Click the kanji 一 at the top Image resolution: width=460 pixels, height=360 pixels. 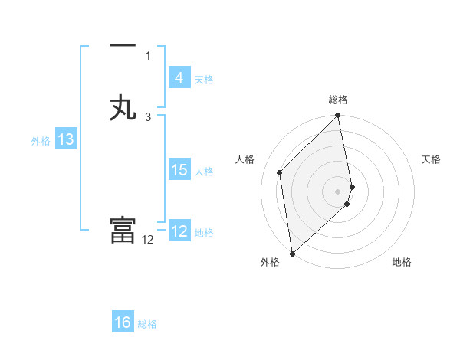[123, 47]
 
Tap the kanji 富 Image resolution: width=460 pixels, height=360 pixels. [123, 231]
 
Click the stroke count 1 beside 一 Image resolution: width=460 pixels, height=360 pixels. [148, 55]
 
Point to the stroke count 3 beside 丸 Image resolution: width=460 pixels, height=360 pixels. [148, 116]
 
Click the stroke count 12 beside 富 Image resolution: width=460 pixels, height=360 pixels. [148, 240]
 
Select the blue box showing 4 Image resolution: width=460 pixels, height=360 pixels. [179, 77]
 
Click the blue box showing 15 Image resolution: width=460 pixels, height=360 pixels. [179, 170]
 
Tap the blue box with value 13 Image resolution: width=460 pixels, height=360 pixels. [66, 139]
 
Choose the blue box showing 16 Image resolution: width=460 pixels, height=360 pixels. [123, 322]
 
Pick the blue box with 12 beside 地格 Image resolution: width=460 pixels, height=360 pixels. [179, 231]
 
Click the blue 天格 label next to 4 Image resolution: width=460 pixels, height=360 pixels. [204, 79]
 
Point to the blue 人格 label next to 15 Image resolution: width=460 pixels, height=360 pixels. [204, 172]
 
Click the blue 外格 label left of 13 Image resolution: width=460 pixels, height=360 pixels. [41, 140]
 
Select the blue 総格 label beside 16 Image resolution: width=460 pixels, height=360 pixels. [147, 324]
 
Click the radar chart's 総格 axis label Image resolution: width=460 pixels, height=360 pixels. [338, 100]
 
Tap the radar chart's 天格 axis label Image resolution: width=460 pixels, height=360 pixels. [432, 159]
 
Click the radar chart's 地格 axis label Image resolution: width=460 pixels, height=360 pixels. [402, 262]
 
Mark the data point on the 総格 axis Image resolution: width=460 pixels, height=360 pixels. [338, 116]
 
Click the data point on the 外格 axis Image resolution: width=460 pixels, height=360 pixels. [292, 253]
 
